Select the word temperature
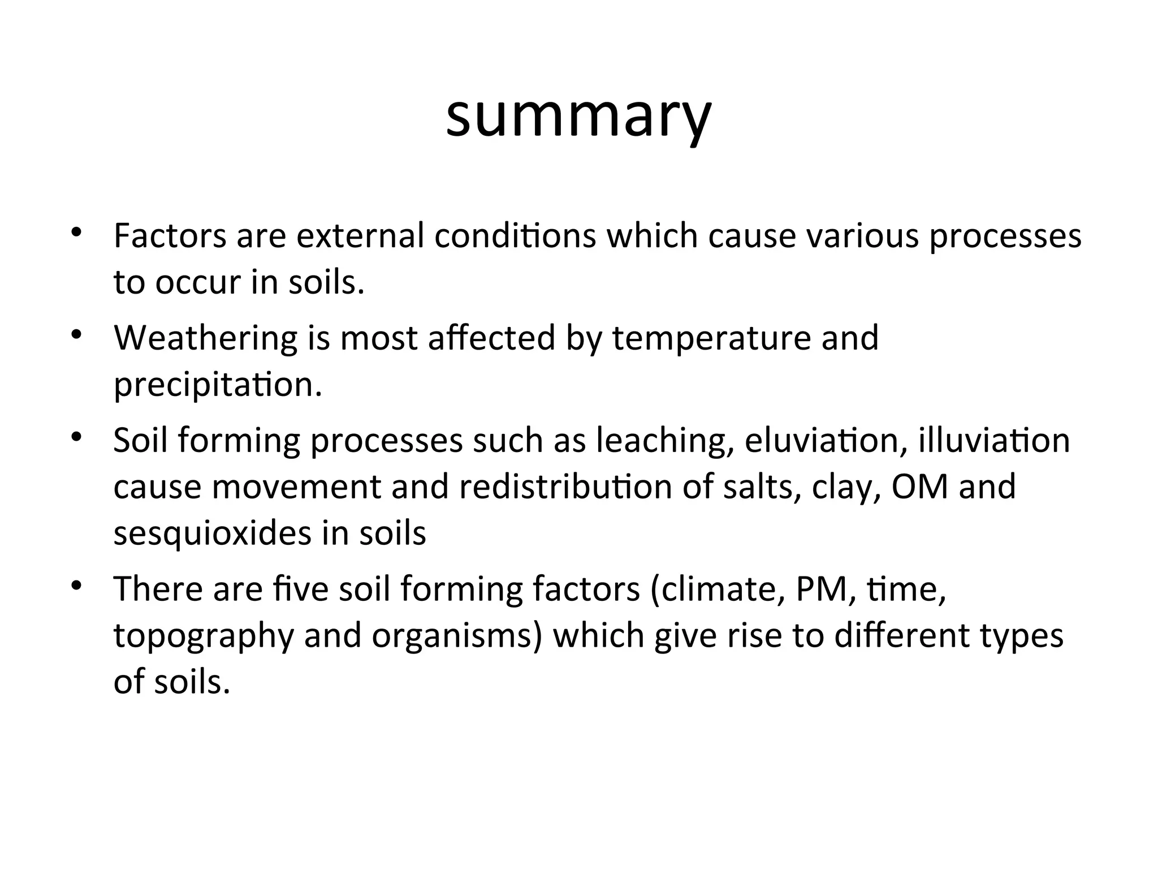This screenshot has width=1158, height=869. pos(712,339)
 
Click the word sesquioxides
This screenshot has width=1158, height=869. pos(213,534)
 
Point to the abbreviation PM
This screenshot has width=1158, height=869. pos(818,589)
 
